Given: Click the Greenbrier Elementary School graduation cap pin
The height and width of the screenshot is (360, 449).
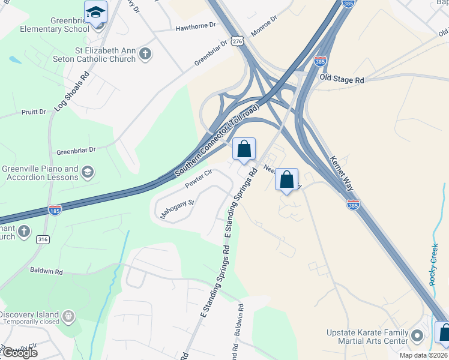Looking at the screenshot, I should coord(96,11).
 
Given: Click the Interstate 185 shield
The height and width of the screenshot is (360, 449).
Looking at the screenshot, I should coord(55,210).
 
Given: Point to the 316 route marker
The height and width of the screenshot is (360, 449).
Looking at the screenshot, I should coord(43,239).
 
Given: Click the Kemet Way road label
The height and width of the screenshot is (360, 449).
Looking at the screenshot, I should coord(342,171).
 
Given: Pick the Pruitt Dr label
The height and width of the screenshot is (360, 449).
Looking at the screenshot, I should coord(34,112).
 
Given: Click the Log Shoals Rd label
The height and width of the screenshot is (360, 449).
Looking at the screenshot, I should coord(71,92).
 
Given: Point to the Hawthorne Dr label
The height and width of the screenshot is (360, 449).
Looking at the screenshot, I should coord(196,27).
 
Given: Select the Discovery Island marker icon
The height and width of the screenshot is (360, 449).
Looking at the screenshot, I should coord(69,315).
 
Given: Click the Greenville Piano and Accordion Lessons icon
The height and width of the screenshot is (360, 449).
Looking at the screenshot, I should coord(88,173).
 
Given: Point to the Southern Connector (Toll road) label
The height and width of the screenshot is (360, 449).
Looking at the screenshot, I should coord(217,140).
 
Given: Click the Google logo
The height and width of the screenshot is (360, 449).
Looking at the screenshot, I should coord(19,353).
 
